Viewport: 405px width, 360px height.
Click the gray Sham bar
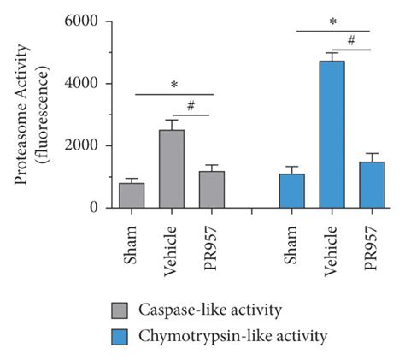tap(132, 196)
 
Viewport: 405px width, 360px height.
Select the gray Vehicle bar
tap(172, 169)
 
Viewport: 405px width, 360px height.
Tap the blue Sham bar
tap(292, 191)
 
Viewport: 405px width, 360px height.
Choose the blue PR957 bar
tap(372, 186)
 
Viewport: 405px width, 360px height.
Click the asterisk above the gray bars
tap(173, 86)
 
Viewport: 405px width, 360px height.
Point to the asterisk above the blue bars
tap(332, 21)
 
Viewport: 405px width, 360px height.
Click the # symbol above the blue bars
tap(351, 39)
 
